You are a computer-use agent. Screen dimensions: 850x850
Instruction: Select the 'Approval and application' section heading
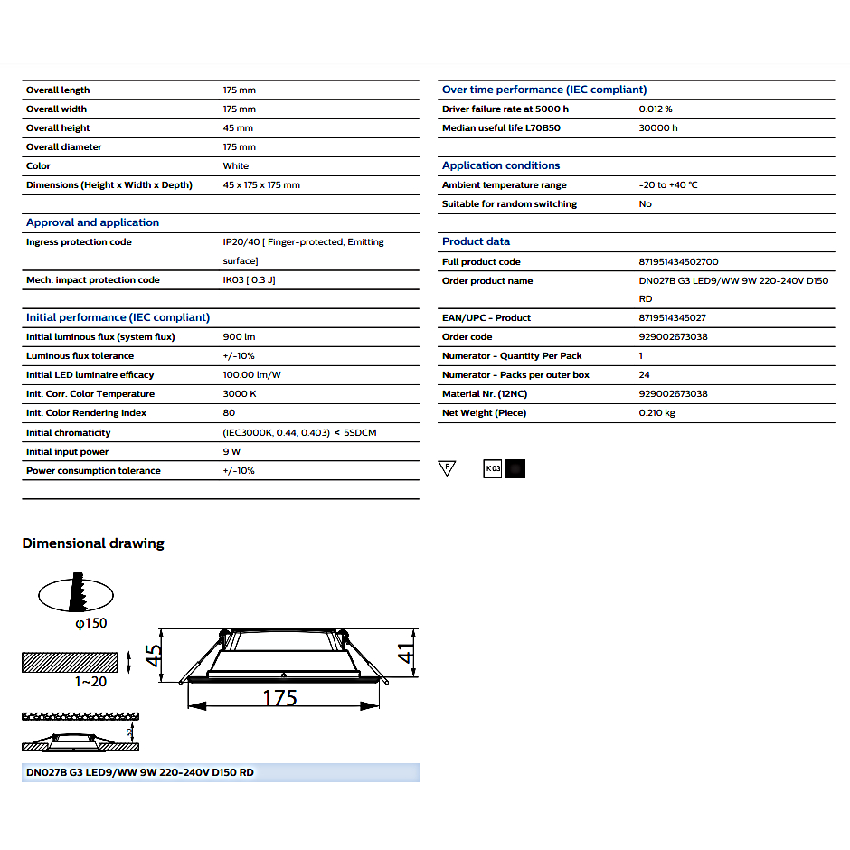(x=92, y=222)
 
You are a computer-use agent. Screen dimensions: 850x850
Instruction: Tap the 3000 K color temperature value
(x=240, y=393)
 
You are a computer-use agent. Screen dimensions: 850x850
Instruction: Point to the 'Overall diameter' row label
(x=63, y=146)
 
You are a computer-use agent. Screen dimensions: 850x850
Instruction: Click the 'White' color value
(x=236, y=165)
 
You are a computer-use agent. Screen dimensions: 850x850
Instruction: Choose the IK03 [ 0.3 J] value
(x=249, y=279)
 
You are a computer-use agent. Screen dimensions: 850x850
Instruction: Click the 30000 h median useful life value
(x=657, y=127)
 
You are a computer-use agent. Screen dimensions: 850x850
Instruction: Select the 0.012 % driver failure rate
(x=656, y=109)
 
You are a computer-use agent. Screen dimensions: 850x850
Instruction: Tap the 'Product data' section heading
(x=476, y=241)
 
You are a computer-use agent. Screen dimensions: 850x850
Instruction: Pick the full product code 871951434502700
(x=678, y=261)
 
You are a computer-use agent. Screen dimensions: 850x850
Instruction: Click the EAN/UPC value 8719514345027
(x=672, y=317)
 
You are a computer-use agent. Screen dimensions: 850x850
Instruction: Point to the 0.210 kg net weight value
(x=656, y=412)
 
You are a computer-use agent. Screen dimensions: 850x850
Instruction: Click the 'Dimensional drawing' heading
(x=93, y=543)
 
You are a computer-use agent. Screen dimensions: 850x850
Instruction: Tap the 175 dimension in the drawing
(x=280, y=698)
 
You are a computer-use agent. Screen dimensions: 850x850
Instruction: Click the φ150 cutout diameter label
(x=91, y=623)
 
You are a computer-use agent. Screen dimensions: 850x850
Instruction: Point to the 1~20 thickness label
(x=90, y=681)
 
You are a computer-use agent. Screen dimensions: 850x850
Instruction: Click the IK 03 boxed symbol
(x=492, y=468)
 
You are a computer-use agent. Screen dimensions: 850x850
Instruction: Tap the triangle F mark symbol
(x=446, y=467)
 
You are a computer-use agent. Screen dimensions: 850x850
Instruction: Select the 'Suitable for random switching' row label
(x=509, y=203)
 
